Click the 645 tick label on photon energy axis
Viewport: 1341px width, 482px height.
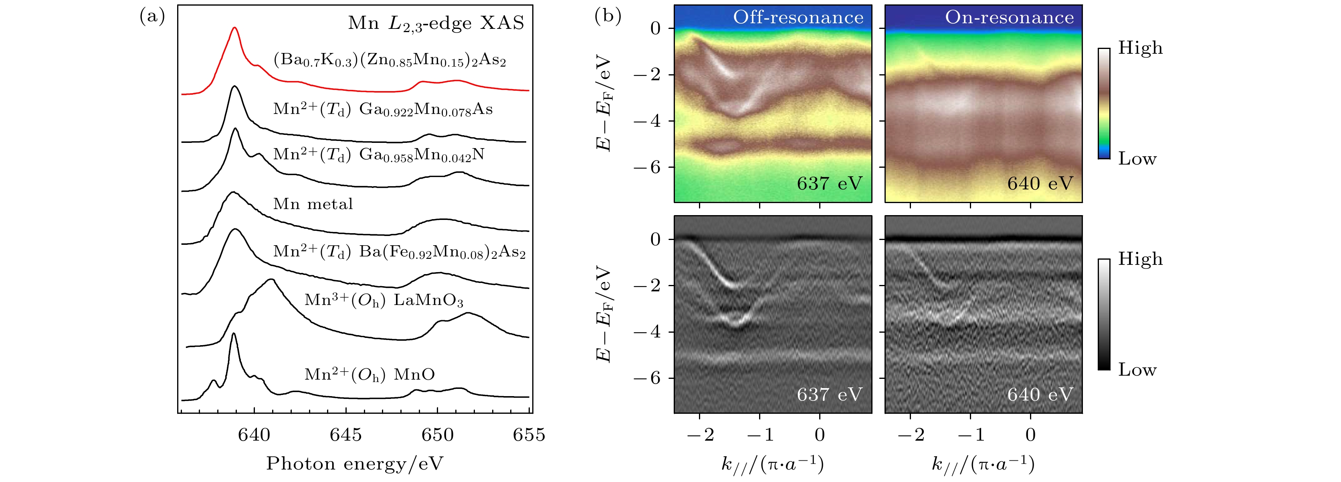coord(345,435)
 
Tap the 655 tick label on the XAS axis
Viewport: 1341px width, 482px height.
coord(529,435)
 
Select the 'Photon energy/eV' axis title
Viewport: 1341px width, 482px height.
coord(355,463)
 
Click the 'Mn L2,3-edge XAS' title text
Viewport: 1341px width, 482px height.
coord(436,23)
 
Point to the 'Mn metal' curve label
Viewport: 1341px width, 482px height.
coord(313,204)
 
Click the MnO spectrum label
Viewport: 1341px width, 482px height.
coord(370,375)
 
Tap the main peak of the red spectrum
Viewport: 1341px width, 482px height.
coord(235,28)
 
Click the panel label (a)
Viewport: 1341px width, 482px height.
coord(152,17)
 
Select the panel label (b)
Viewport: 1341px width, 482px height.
coord(608,17)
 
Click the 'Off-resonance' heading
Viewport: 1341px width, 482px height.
coord(798,18)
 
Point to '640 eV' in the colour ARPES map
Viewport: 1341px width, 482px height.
coord(1040,183)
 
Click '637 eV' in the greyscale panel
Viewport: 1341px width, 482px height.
coord(829,395)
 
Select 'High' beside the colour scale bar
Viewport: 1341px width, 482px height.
coord(1140,48)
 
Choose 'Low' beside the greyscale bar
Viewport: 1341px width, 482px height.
coord(1137,370)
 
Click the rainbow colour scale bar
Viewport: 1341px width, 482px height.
coord(1104,103)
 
